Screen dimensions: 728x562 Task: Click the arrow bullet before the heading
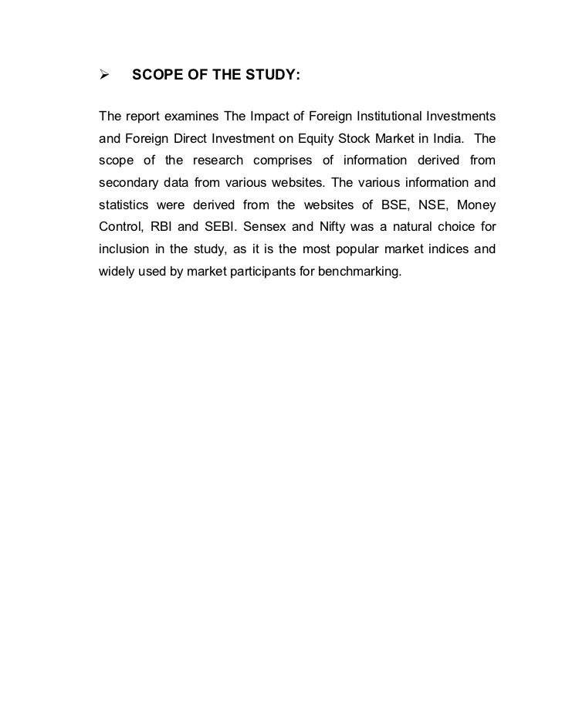click(103, 76)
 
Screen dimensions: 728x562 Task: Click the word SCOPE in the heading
click(157, 76)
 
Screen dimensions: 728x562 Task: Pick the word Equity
click(331, 139)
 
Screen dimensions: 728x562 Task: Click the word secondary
click(127, 184)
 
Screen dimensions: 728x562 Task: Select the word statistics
click(124, 206)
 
